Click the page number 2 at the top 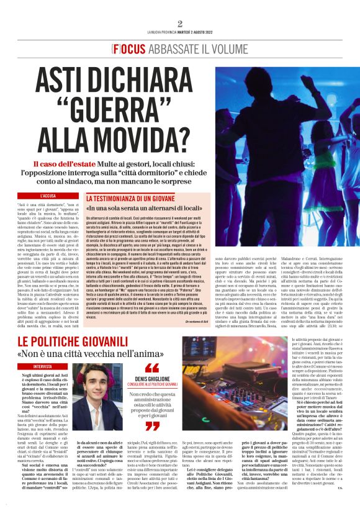180,24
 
